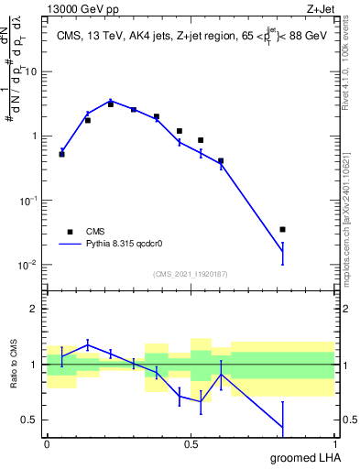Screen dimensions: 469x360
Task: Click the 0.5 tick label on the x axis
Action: (x=191, y=442)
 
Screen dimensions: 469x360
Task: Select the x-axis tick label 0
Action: (x=47, y=442)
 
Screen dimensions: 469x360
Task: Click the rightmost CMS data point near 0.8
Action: (x=282, y=229)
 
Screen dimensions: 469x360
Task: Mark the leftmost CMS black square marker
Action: (x=61, y=154)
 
